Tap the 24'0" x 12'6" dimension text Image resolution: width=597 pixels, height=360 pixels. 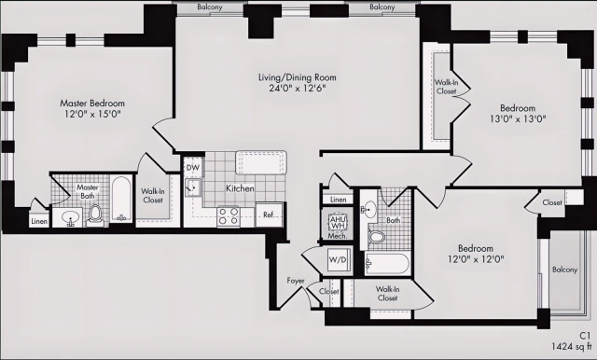pos(298,90)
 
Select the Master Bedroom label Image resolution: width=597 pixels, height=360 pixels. pos(92,103)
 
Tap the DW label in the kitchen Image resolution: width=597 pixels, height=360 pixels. pos(192,168)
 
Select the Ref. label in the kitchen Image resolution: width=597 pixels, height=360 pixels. pos(269,215)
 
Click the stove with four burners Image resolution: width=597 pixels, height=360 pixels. pos(229,216)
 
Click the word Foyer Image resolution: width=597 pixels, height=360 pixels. pos(295,280)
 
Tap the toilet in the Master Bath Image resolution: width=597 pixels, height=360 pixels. pos(94,215)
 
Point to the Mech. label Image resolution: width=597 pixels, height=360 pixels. pos(337,237)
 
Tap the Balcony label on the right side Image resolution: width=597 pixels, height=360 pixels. pos(564,270)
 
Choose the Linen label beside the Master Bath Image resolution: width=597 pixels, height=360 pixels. pos(38,222)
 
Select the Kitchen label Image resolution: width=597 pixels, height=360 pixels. pos(241,188)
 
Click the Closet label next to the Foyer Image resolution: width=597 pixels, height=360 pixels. pos(328,292)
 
